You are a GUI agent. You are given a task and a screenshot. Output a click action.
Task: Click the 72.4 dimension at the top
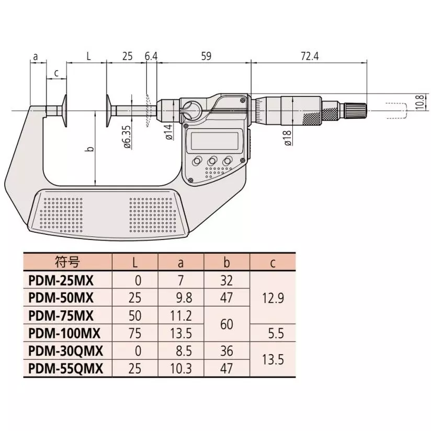coord(310,56)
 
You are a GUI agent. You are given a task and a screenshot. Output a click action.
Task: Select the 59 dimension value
coord(206,56)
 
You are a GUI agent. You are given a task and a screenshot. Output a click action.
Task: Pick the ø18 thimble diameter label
coord(288,138)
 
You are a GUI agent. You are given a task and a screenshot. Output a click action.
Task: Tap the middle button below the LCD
coord(213,161)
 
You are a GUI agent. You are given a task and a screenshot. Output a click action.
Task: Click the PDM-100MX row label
coord(64,332)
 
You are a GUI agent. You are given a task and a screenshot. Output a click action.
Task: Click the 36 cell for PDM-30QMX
coord(226,350)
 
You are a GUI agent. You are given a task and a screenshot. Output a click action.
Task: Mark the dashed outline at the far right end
coord(396,111)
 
